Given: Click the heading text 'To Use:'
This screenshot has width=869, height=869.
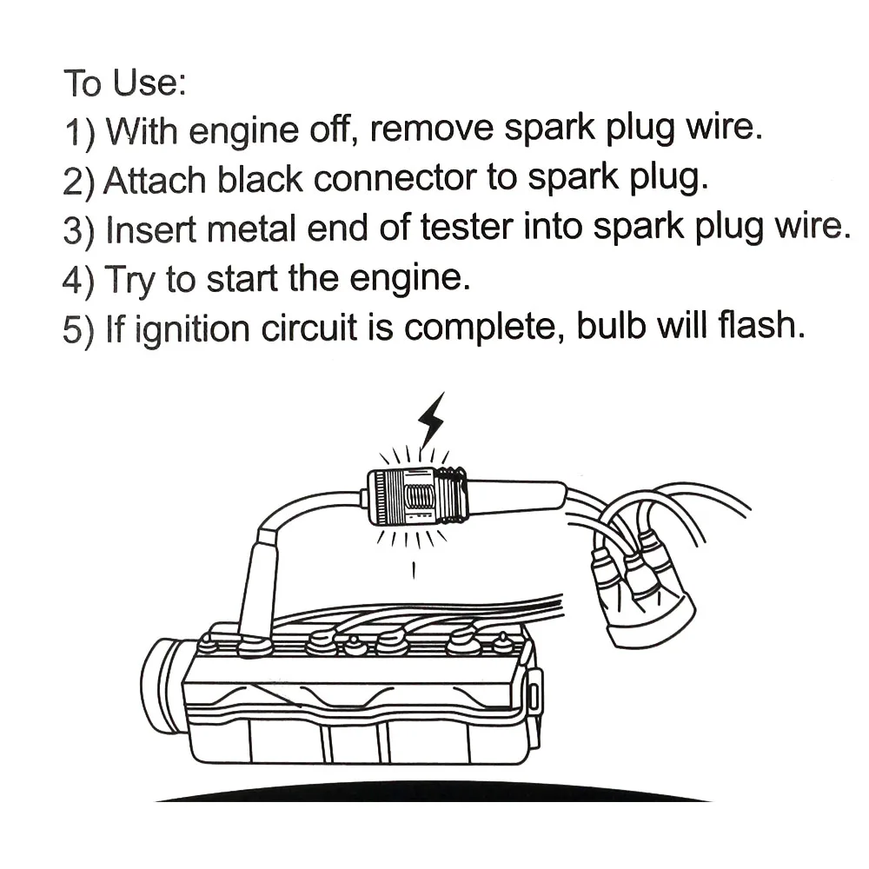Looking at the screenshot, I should [125, 83].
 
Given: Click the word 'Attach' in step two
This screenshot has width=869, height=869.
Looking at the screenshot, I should [155, 181].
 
